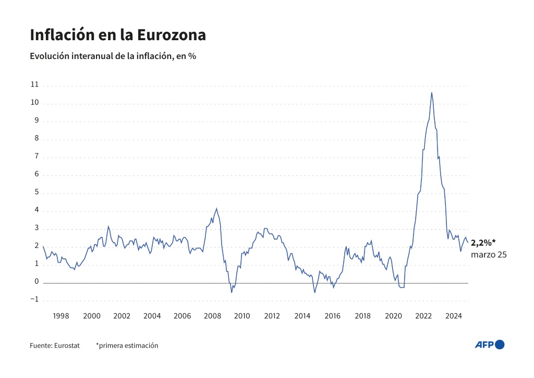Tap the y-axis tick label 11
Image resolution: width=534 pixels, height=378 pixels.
pyautogui.click(x=34, y=85)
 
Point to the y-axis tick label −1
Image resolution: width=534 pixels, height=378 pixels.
pyautogui.click(x=34, y=300)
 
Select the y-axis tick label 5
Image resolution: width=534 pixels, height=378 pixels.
pyautogui.click(x=36, y=192)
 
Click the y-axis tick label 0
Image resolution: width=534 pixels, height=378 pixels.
pyautogui.click(x=36, y=282)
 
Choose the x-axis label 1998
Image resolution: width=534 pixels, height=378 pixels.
pyautogui.click(x=61, y=316)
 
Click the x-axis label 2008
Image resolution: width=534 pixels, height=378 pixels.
pyautogui.click(x=212, y=316)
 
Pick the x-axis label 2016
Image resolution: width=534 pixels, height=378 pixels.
pyautogui.click(x=333, y=316)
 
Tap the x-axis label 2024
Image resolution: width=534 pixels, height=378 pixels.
pyautogui.click(x=454, y=316)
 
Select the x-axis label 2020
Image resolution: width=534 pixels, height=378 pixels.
pyautogui.click(x=393, y=316)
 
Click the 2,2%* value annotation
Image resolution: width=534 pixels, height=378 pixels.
pyautogui.click(x=482, y=243)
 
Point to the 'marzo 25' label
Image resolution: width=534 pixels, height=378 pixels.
pyautogui.click(x=489, y=255)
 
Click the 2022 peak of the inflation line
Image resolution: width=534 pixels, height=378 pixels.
pyautogui.click(x=431, y=93)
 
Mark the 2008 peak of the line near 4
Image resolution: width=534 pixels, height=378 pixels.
pyautogui.click(x=216, y=208)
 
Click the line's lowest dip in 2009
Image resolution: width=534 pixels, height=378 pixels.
pyautogui.click(x=232, y=292)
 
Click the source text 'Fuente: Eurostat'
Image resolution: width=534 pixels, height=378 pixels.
pyautogui.click(x=55, y=345)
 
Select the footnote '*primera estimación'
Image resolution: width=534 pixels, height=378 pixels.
pyautogui.click(x=127, y=345)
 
